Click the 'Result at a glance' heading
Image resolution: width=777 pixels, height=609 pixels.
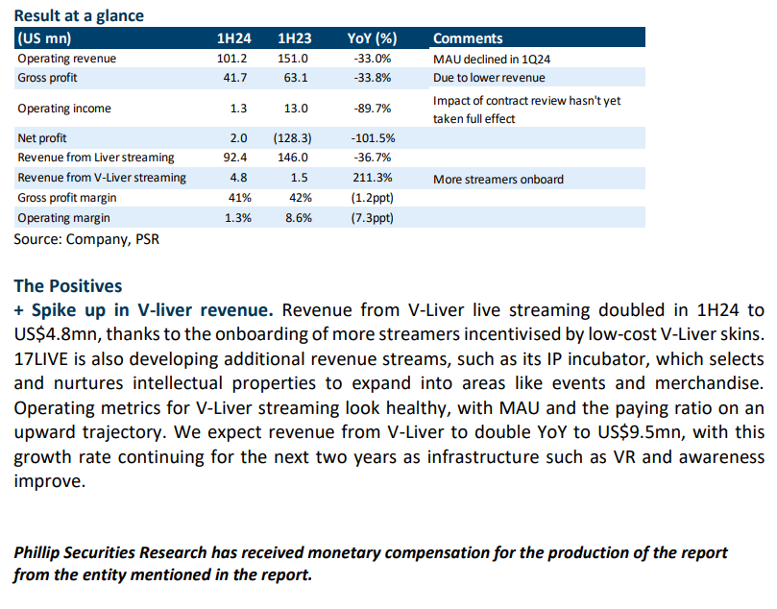point(79,16)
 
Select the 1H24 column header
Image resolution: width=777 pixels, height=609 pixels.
point(234,38)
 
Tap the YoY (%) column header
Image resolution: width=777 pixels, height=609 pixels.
point(372,38)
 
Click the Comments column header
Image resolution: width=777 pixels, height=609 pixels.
point(468,38)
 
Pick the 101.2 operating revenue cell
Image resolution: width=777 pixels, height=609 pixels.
point(231,59)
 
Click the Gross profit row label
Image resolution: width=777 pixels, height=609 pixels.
point(48,78)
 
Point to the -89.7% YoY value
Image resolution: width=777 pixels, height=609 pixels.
point(372,108)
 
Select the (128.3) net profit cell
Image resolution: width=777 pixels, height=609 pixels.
point(292,138)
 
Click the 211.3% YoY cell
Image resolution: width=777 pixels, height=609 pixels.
point(372,178)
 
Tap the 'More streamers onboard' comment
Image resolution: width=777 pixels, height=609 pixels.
point(498,179)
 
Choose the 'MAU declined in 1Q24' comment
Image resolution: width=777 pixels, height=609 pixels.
point(492,60)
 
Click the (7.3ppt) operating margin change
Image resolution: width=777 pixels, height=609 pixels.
point(372,218)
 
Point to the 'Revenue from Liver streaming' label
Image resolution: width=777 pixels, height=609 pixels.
point(96,158)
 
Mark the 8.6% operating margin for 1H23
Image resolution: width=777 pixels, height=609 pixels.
point(299,218)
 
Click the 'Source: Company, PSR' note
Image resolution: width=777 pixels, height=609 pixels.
point(86,239)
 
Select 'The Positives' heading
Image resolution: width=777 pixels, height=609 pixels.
point(68,286)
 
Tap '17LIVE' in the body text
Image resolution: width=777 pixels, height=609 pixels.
point(40,358)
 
